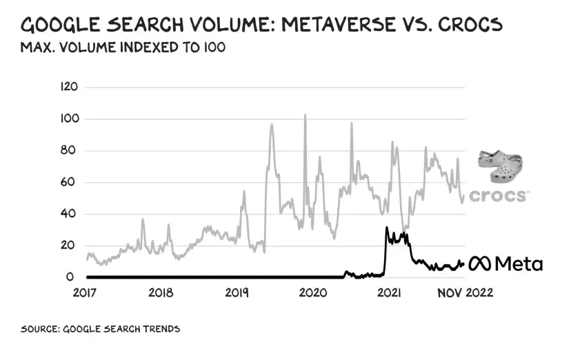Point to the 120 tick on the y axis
click(70, 87)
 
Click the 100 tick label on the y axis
click(70, 119)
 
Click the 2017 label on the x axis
click(87, 292)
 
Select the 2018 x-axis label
click(161, 292)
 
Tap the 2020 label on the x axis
click(312, 292)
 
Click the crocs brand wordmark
click(499, 196)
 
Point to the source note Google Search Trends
click(101, 329)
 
